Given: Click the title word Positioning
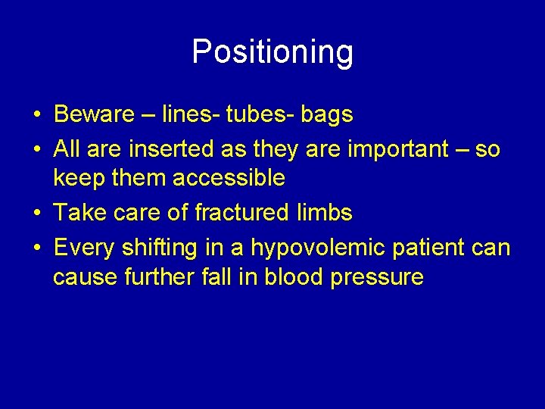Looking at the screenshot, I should tap(272, 52).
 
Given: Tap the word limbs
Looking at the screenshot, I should tap(324, 213).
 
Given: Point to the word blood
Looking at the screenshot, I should tap(294, 277).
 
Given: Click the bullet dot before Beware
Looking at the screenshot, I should tap(37, 115).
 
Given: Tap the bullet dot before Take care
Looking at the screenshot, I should tap(37, 214).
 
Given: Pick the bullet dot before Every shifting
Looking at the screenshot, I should tap(37, 248).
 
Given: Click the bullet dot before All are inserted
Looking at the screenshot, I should tap(37, 150).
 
